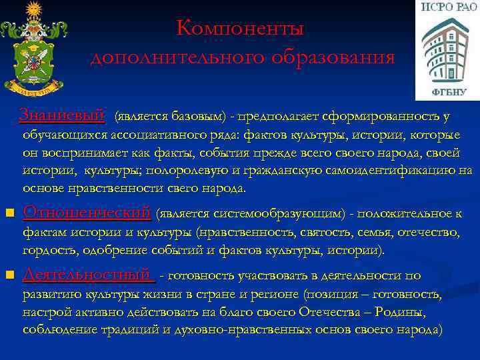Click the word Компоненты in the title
pyautogui.click(x=240, y=29)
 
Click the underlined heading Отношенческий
pyautogui.click(x=87, y=213)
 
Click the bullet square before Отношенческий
pyautogui.click(x=9, y=214)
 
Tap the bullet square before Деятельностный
pyautogui.click(x=9, y=275)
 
